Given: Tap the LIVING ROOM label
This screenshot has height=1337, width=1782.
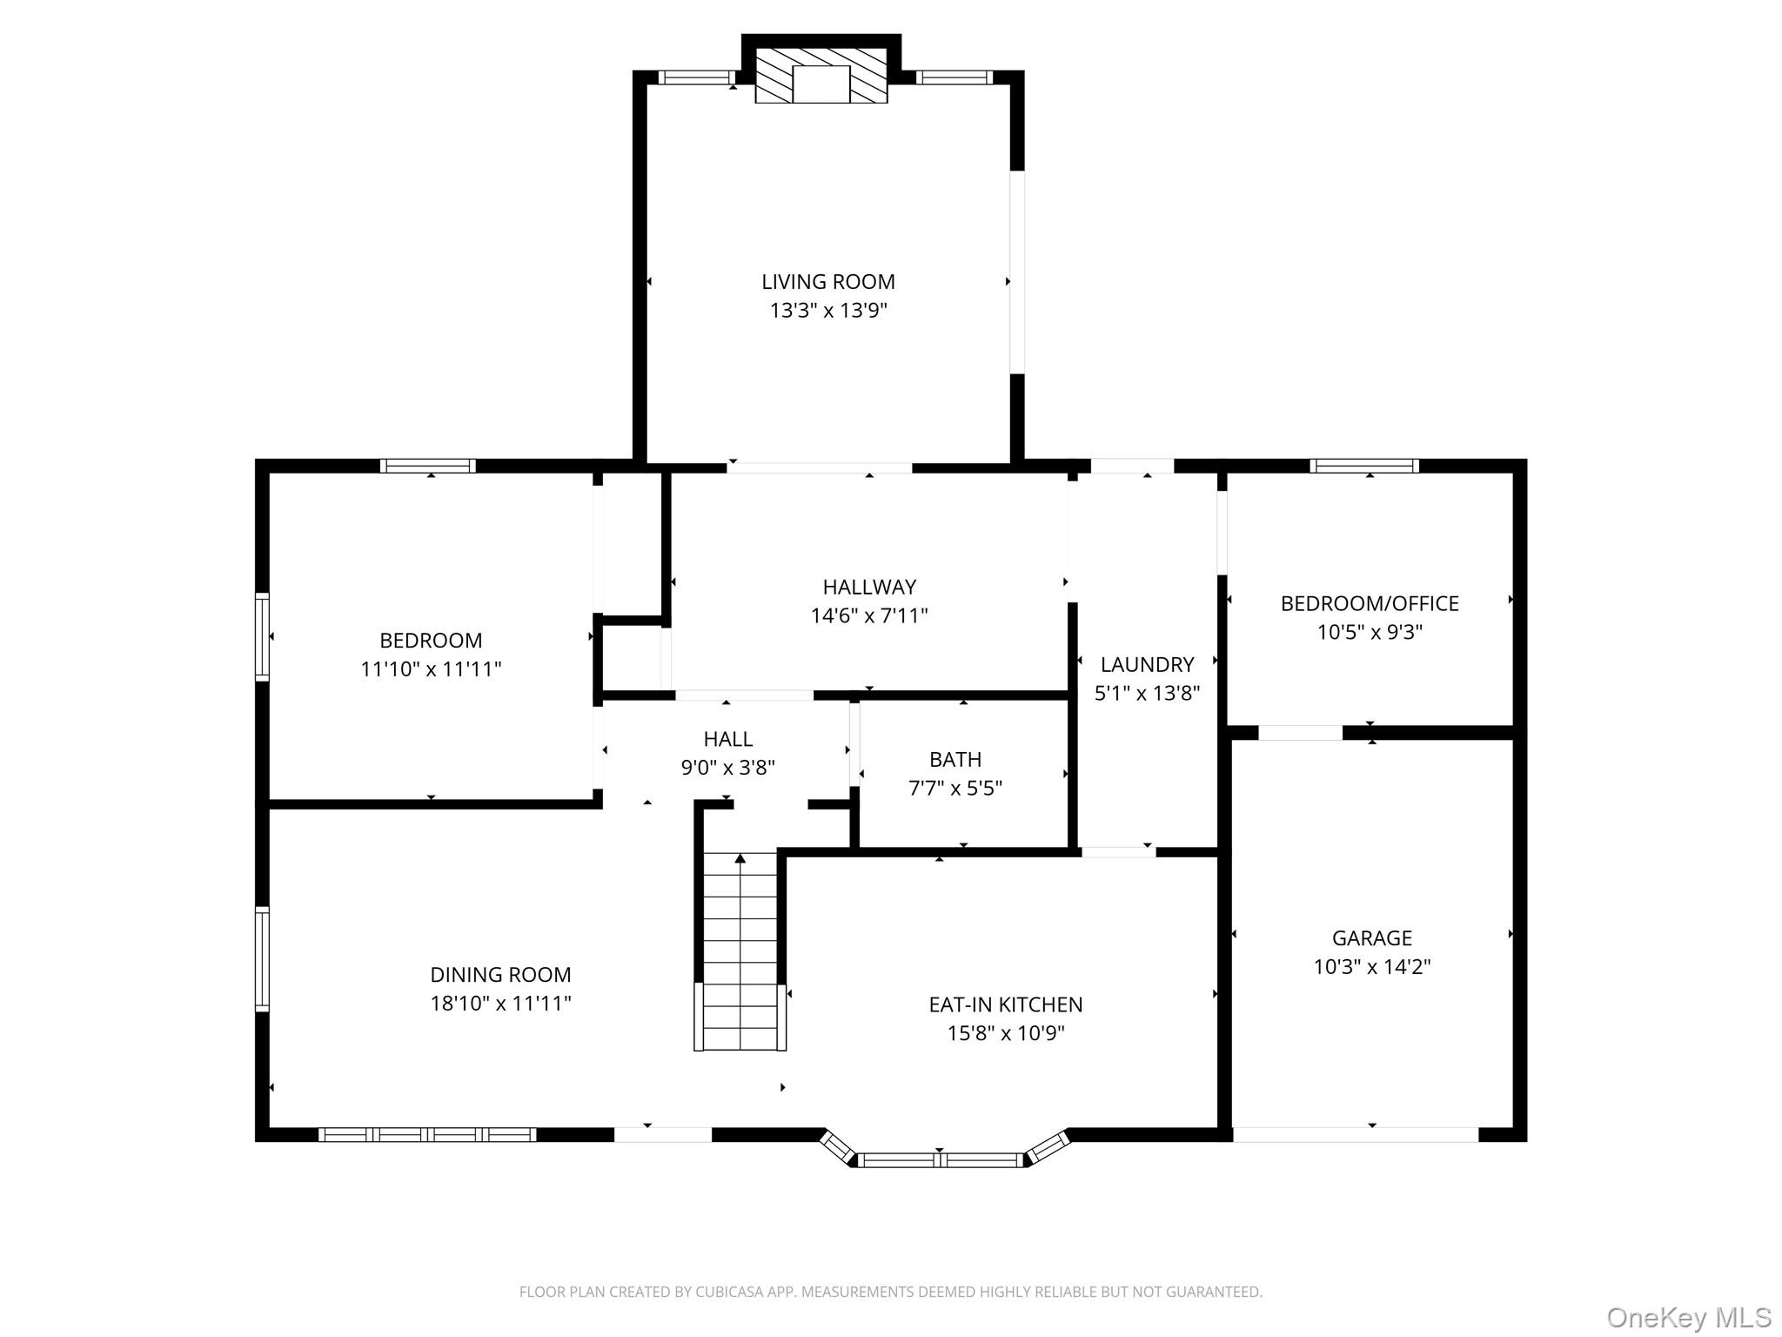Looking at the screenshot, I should (x=827, y=282).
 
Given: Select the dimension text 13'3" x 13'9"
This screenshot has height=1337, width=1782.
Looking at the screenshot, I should (x=827, y=311).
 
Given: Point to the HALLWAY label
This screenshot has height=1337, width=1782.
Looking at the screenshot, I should (x=869, y=587).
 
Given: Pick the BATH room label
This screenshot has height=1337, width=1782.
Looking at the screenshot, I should (x=955, y=759).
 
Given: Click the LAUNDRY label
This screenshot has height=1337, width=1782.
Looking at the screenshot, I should (x=1146, y=664).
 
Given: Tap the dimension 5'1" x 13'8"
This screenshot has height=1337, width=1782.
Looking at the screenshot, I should (x=1146, y=694).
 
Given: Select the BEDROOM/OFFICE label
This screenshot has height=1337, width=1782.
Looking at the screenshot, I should (x=1369, y=603).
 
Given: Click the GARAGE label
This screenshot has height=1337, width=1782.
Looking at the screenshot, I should (x=1371, y=937).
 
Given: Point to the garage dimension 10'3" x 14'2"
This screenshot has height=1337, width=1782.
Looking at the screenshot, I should (x=1371, y=967).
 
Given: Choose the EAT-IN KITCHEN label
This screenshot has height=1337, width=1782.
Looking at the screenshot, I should (x=1005, y=1004).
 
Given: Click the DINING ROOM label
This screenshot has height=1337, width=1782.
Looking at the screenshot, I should (x=500, y=975).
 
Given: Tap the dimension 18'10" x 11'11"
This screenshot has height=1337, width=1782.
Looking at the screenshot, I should (x=500, y=1004).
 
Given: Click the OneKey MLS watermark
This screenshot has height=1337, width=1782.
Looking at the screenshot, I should (x=1688, y=1317).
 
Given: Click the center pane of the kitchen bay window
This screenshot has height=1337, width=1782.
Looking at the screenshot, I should (x=939, y=1159).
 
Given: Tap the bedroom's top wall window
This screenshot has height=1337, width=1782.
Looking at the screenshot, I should (x=428, y=466).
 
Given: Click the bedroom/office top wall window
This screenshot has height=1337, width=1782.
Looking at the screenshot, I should (x=1363, y=466).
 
